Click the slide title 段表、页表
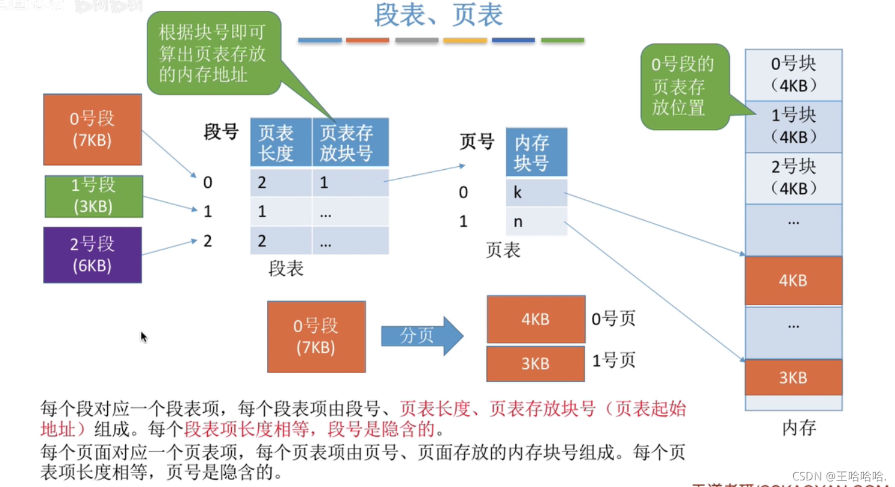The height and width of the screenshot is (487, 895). tap(439, 16)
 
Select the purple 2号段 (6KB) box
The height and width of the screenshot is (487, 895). tap(92, 254)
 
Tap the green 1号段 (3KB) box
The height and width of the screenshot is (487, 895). tap(93, 196)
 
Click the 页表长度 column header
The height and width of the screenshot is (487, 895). tap(280, 143)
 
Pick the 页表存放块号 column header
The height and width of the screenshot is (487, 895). tap(350, 143)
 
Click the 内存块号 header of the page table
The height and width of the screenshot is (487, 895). tap(536, 152)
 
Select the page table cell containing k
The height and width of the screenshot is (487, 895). tap(536, 193)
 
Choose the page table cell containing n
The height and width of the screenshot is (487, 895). tap(536, 221)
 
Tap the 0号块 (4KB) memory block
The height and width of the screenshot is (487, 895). tap(793, 75)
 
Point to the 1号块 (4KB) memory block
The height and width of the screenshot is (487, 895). tap(793, 127)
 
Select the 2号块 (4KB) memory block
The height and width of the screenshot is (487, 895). tap(793, 178)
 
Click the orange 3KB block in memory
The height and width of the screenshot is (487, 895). tap(793, 378)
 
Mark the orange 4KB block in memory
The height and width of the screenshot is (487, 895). tap(793, 281)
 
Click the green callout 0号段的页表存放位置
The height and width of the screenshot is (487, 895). tap(685, 86)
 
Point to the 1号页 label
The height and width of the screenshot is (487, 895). tap(613, 360)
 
